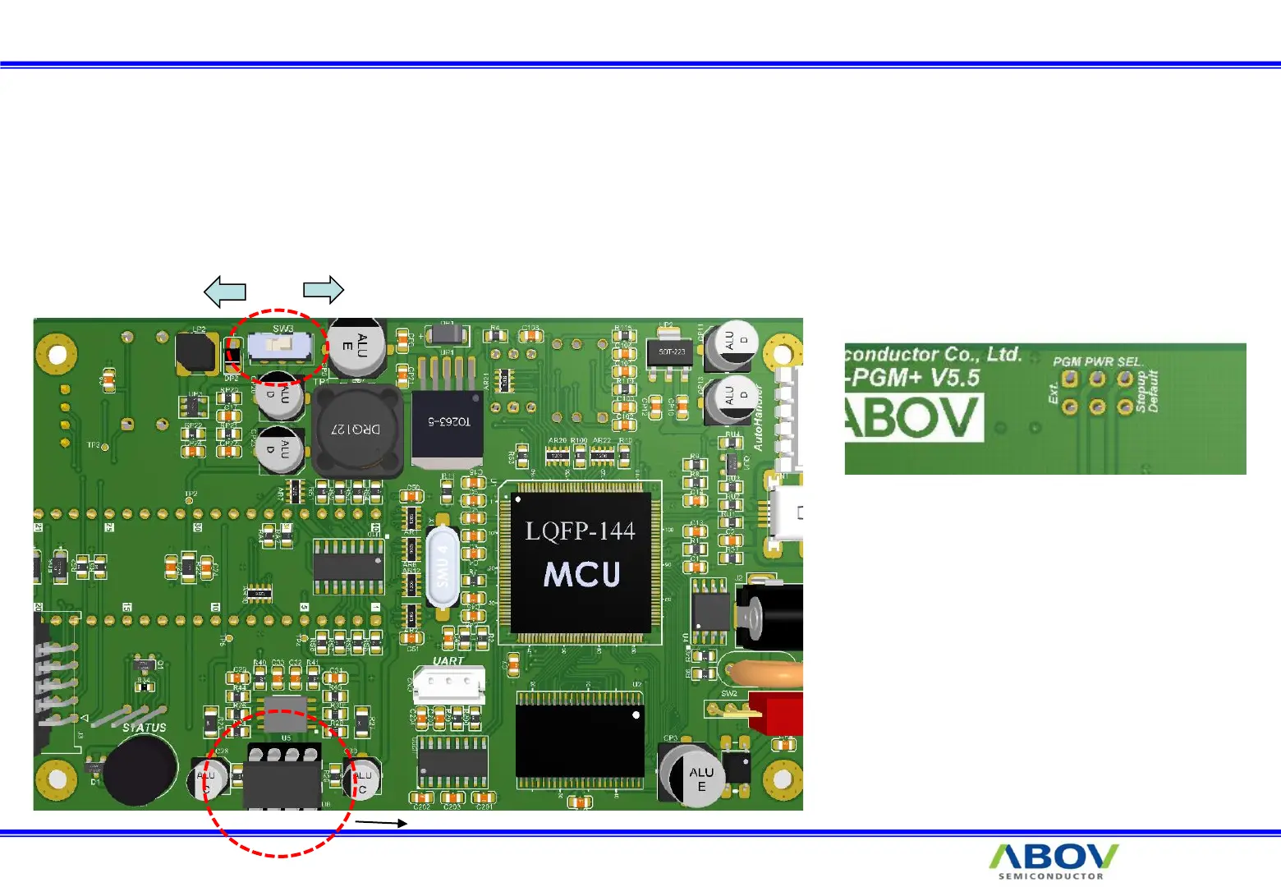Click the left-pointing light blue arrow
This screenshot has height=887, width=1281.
[x=225, y=291]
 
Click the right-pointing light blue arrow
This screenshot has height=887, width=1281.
[x=324, y=289]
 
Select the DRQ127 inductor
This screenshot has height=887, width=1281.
[x=357, y=430]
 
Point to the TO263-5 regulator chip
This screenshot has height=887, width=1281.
[x=448, y=423]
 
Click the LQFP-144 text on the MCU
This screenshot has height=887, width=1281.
[x=580, y=531]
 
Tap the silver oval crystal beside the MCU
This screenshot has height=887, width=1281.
[x=443, y=567]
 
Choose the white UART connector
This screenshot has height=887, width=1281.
[x=448, y=683]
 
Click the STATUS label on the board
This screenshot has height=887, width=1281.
[x=144, y=728]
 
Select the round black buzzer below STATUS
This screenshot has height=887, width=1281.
[x=140, y=770]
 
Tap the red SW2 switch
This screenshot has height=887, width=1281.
[x=776, y=713]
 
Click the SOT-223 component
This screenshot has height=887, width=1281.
[x=672, y=352]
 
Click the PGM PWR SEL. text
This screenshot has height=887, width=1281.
[x=1097, y=361]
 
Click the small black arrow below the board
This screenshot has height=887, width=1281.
[x=381, y=822]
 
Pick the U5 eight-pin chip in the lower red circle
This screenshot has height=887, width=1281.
[x=282, y=776]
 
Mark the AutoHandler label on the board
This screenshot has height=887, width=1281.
[x=759, y=418]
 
